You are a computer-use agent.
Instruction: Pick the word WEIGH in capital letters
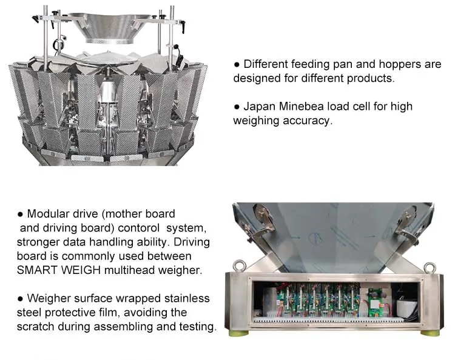tap(88, 270)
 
